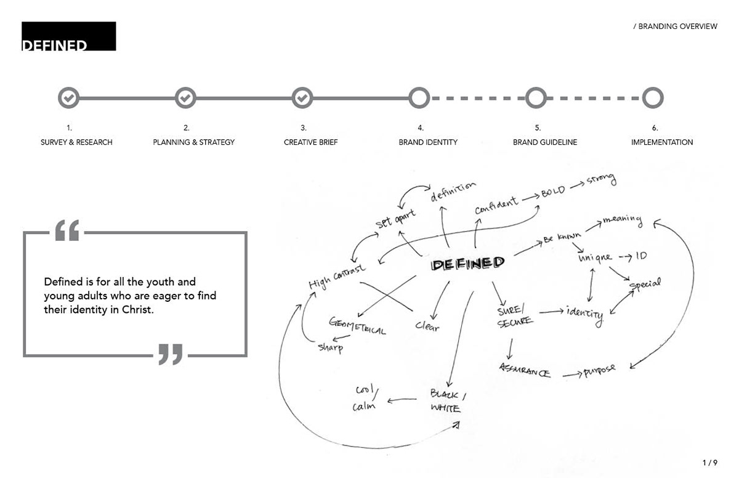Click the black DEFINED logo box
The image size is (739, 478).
[x=68, y=36]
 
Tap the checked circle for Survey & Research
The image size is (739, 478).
[x=68, y=97]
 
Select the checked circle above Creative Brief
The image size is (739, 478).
[x=302, y=97]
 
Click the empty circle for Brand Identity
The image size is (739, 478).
[x=419, y=97]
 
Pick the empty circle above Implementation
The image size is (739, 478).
[x=652, y=97]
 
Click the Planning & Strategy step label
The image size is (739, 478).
[x=194, y=142]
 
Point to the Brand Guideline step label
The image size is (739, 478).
[x=545, y=142]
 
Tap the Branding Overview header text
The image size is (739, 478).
[x=676, y=26]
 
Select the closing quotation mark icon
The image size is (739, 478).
[x=171, y=354]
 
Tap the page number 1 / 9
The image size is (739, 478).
[x=709, y=462]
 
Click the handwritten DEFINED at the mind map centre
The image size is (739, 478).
[x=468, y=264]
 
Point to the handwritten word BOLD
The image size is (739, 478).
[x=552, y=192]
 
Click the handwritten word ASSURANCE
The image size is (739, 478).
[x=525, y=371]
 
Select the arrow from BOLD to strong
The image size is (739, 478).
[x=577, y=186]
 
